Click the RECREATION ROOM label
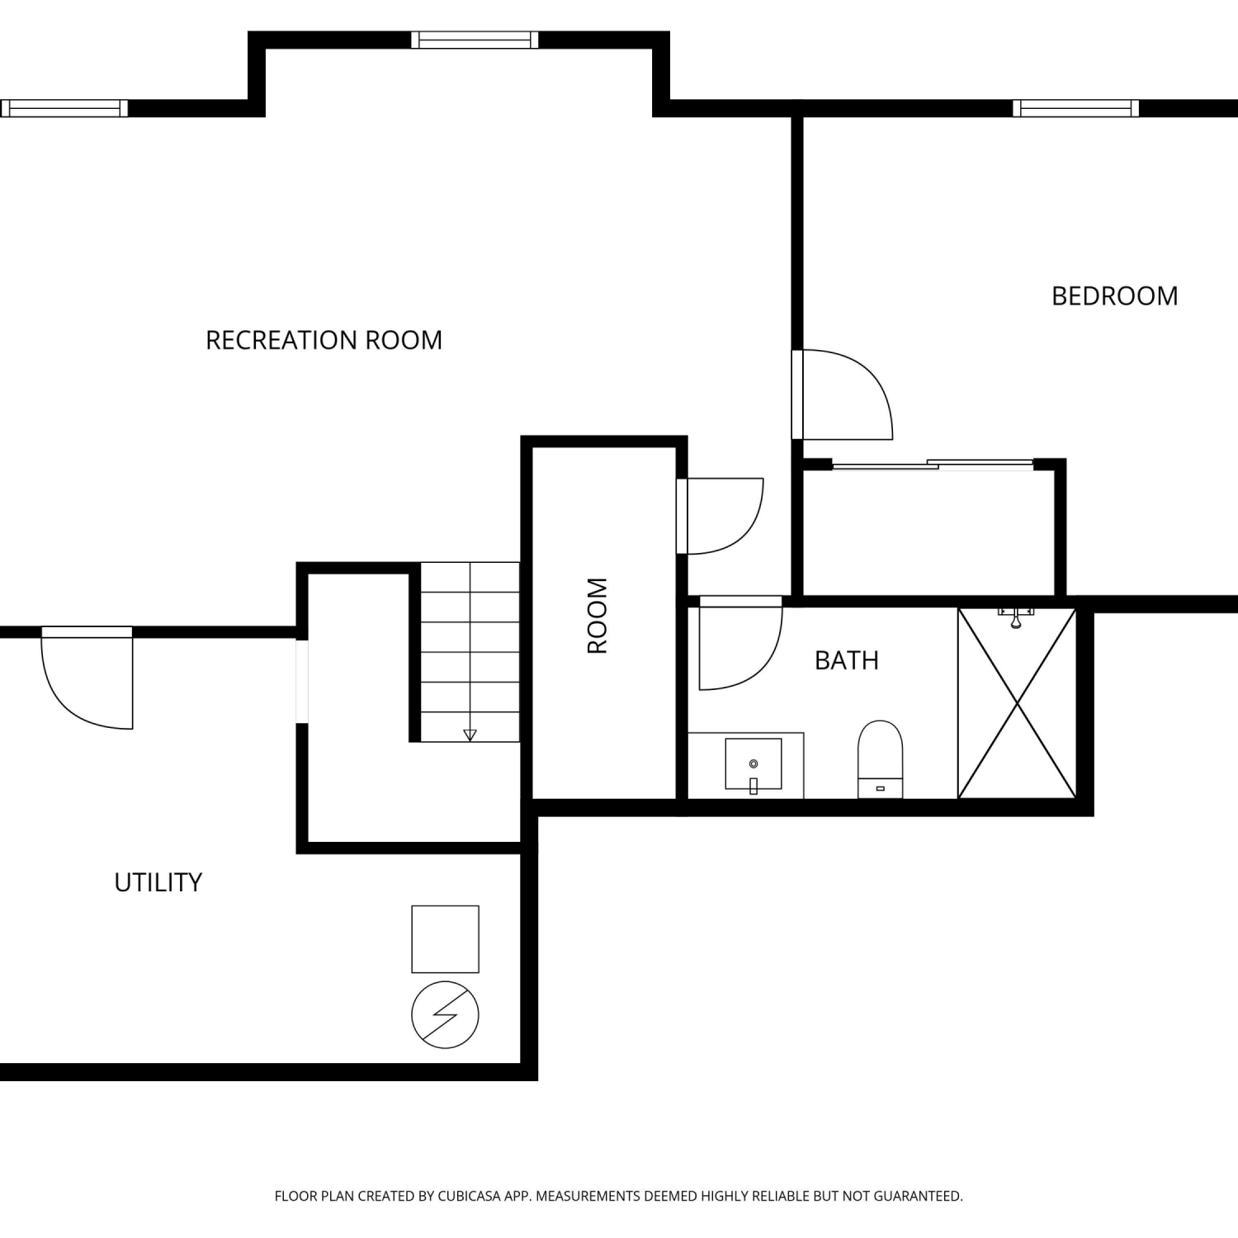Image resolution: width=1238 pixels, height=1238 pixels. point(324,340)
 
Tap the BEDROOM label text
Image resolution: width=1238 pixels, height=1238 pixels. point(1114,296)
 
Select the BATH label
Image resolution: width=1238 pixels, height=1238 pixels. point(846,660)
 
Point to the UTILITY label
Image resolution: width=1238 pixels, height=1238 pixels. point(158,882)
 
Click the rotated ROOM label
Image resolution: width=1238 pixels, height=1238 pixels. point(597,616)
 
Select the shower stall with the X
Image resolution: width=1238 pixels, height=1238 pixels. point(1017,703)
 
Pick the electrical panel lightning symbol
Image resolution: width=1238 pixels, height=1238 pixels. point(445,1014)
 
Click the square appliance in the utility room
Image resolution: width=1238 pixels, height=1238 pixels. point(445,939)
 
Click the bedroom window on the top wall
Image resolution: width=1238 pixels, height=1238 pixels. point(1075,108)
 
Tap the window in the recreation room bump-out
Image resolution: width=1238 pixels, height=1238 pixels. point(475,40)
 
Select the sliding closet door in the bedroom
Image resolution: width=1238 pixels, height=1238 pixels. point(933,465)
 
